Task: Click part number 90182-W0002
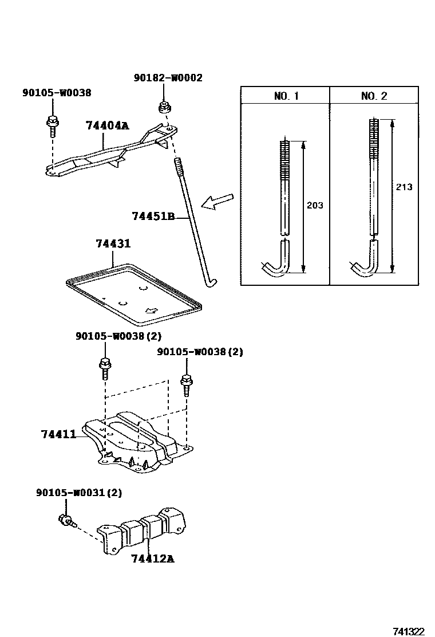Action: tap(168, 77)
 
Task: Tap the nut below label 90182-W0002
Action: tap(164, 108)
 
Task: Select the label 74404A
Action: tap(108, 125)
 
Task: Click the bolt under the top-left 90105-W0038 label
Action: tap(53, 126)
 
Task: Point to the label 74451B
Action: tap(153, 216)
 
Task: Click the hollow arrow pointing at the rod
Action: tap(218, 202)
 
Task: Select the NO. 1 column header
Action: tap(286, 96)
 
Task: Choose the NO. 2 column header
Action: tap(374, 96)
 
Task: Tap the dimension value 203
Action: tap(315, 205)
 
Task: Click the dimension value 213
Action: tap(404, 187)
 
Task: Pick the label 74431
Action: tap(113, 244)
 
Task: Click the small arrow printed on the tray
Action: tap(151, 311)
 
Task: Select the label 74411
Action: tap(58, 434)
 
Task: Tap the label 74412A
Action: tap(153, 559)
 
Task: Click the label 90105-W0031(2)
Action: tap(79, 493)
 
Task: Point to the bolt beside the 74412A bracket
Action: tap(67, 520)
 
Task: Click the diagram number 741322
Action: tap(409, 631)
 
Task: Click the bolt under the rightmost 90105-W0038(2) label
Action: tap(186, 384)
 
